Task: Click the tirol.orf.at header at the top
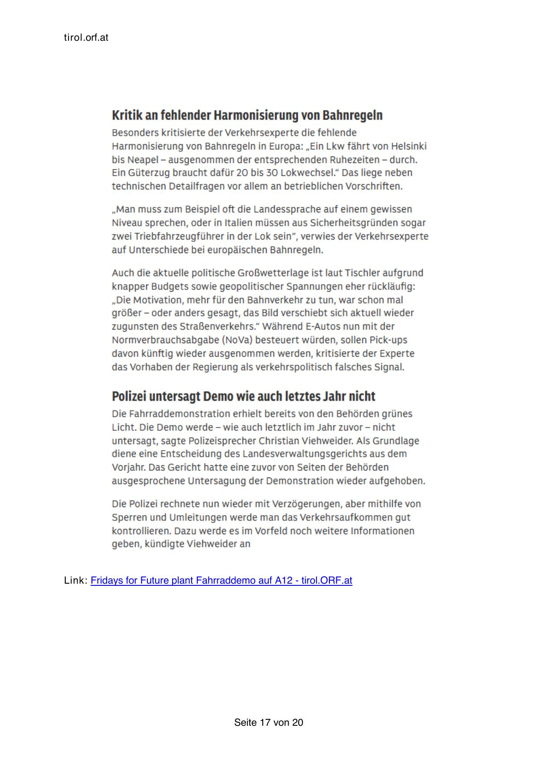click(x=86, y=38)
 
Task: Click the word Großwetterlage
click(x=273, y=273)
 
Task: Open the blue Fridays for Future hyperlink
click(x=221, y=580)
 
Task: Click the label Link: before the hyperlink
click(x=76, y=580)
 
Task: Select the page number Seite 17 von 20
click(x=268, y=722)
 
